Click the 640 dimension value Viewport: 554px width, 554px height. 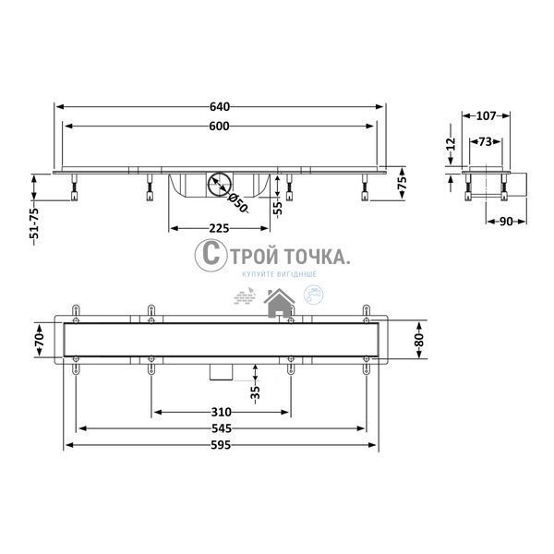tap(220, 106)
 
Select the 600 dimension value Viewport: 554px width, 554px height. tap(219, 126)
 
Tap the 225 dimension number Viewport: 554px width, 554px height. tap(219, 228)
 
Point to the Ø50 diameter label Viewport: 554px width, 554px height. tap(238, 203)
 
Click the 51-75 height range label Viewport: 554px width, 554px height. tap(34, 226)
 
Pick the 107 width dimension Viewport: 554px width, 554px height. tap(487, 115)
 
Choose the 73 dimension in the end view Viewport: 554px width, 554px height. tap(486, 141)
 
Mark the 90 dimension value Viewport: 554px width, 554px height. tap(506, 222)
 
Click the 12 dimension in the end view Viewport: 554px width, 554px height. tap(452, 144)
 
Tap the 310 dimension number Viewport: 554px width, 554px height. tap(222, 412)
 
